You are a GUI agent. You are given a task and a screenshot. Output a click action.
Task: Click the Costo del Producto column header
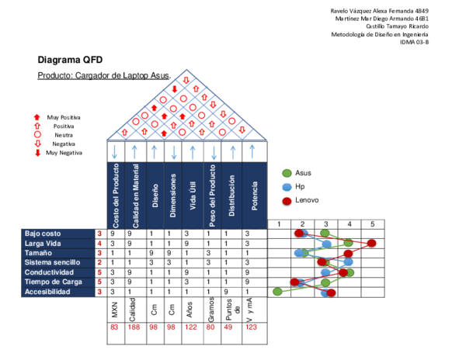(116, 196)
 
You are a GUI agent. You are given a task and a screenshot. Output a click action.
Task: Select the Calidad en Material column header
(136, 196)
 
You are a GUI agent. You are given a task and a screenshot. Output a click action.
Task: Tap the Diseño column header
(155, 196)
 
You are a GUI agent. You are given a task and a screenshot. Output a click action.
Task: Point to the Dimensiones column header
(173, 196)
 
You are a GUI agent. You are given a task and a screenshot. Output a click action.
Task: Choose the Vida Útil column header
(193, 196)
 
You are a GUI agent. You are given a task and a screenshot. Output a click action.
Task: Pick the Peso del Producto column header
(212, 196)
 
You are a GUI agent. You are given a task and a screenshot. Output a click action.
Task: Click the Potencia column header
(254, 196)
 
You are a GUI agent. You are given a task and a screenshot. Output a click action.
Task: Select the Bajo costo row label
(58, 234)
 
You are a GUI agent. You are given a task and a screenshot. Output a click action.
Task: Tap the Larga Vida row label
(58, 244)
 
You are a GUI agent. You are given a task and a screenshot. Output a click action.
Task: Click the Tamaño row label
(58, 253)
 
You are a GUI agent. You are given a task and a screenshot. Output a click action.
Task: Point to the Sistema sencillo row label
(58, 263)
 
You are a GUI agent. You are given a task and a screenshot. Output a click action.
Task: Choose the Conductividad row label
(58, 272)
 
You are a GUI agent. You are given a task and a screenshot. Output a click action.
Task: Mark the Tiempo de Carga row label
(58, 282)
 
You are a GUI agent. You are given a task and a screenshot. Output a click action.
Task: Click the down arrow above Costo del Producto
(115, 152)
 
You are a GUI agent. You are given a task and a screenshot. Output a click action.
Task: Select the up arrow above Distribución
(232, 152)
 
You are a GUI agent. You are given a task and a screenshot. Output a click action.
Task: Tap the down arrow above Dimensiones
(174, 152)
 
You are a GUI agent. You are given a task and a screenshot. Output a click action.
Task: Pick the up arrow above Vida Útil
(193, 152)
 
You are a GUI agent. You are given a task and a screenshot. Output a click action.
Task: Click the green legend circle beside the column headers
(287, 173)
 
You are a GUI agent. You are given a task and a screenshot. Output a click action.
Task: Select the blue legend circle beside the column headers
(287, 187)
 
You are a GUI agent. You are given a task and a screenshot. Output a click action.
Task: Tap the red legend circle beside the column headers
(287, 200)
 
